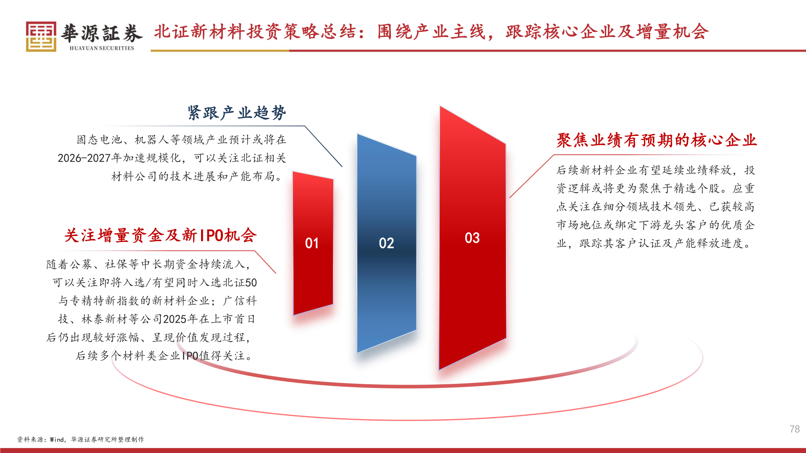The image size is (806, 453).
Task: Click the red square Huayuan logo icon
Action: pos(41,36)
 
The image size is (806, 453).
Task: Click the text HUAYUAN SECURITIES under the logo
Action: pos(102,48)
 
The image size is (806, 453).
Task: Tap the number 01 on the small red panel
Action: pos(312,243)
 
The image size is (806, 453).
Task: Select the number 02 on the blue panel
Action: pos(386,243)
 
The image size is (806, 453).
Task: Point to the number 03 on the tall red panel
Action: pos(472,238)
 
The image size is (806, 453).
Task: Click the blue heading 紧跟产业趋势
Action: pos(237,113)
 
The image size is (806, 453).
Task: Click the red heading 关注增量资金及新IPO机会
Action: pos(160,235)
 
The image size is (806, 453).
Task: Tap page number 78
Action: pos(794,429)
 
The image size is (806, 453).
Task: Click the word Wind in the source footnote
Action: pos(57,440)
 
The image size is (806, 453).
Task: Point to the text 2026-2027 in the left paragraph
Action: pos(84,158)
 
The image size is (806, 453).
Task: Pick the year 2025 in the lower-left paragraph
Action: pos(175,319)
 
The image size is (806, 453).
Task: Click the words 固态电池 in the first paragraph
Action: pos(99,140)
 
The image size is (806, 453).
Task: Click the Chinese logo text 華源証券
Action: pos(102,34)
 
